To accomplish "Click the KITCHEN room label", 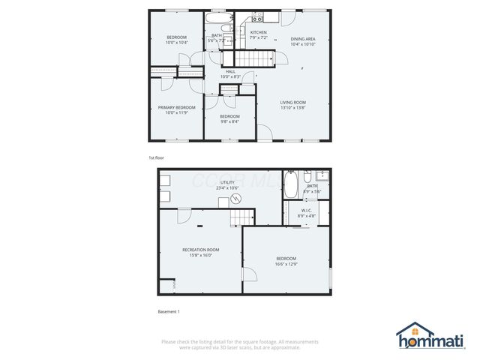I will point(258,33).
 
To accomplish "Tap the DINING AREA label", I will point(302,38).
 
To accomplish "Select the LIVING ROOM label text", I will point(292,103).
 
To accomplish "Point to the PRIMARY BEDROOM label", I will point(176,108).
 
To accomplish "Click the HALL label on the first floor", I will point(230,71).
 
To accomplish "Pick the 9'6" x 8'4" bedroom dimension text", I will point(229,121).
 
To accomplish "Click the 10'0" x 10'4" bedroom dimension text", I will point(176,43).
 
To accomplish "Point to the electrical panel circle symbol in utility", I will point(236,199).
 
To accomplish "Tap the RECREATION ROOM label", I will point(201,249).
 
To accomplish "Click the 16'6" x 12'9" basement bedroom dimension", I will point(286,263).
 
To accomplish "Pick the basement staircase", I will point(238,217).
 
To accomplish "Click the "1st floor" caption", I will point(156,158).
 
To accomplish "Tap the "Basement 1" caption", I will point(169,311).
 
